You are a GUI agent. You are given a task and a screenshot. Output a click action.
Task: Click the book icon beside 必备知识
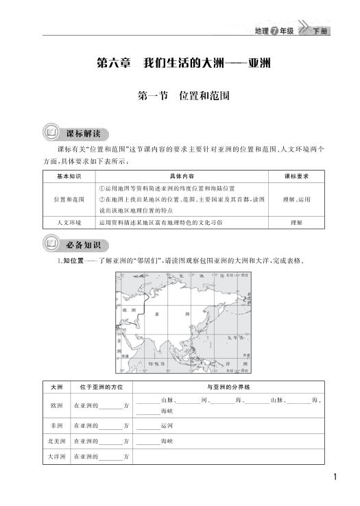coord(52,244)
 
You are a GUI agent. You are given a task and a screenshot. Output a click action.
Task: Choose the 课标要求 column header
coord(296,176)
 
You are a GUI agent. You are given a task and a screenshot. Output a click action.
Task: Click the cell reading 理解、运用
coord(296,200)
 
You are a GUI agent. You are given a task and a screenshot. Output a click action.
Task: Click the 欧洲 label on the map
coord(125,309)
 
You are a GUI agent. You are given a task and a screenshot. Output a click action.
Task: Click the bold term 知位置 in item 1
coord(73,261)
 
